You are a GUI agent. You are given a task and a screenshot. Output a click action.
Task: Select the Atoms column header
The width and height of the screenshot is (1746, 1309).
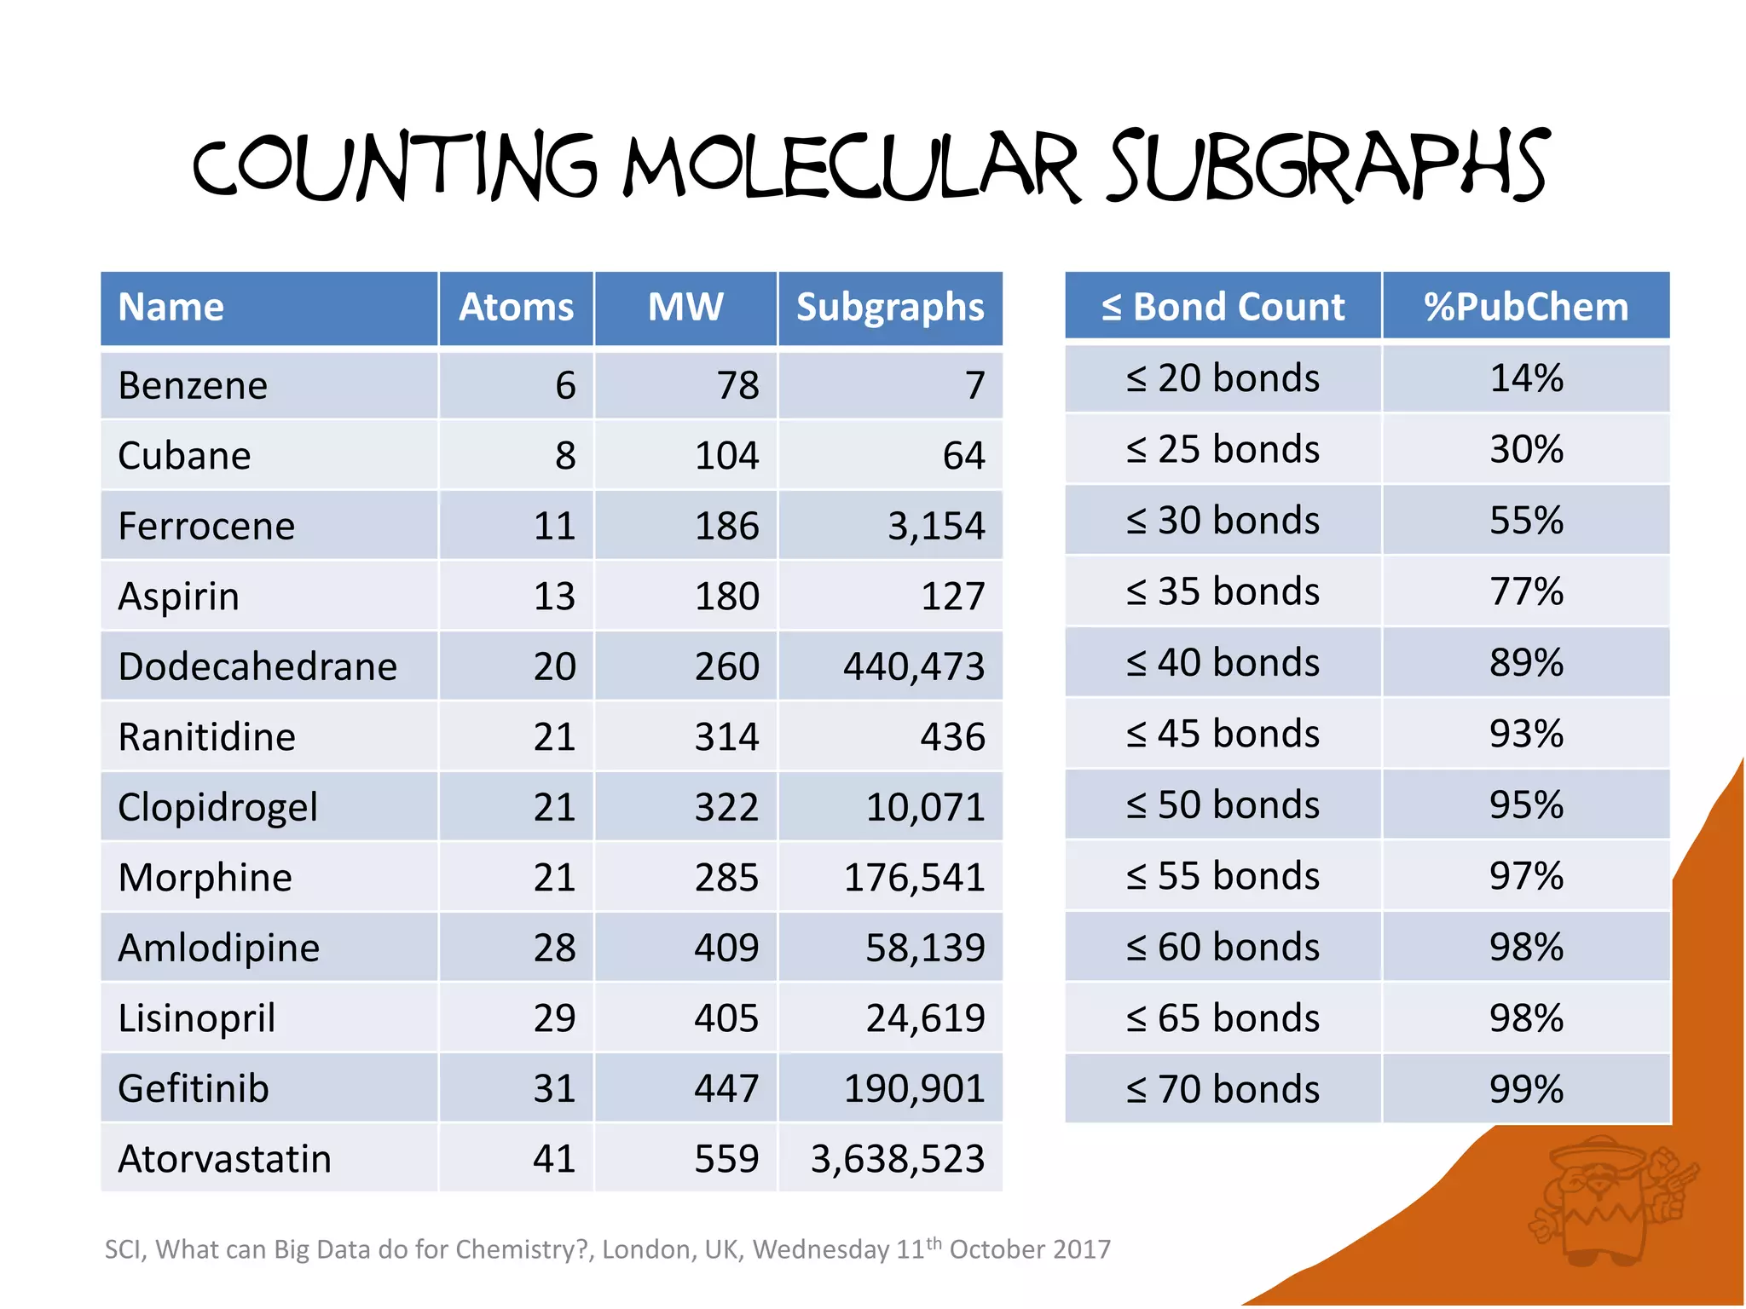516,307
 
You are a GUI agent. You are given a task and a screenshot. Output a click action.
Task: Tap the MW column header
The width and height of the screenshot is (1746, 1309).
685,307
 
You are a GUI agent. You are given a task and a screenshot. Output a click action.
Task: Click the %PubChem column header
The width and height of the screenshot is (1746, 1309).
1526,307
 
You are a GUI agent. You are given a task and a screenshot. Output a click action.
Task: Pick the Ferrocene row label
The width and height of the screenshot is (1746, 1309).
206,526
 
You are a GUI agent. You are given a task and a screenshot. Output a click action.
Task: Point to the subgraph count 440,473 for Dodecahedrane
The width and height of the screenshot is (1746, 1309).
914,666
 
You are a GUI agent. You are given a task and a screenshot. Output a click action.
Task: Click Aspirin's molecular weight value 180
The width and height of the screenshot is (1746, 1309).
726,596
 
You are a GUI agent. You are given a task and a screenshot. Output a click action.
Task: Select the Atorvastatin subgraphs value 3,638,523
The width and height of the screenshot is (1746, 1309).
898,1159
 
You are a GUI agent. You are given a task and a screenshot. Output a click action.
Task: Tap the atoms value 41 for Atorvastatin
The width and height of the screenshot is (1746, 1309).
554,1159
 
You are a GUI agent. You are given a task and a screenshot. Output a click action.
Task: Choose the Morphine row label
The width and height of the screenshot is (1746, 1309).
205,877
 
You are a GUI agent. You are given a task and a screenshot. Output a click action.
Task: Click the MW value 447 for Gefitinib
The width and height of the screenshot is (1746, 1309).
726,1088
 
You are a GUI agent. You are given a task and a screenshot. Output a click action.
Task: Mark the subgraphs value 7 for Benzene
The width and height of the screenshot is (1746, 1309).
975,385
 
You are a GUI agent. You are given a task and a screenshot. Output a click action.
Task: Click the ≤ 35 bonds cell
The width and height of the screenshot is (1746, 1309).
1223,591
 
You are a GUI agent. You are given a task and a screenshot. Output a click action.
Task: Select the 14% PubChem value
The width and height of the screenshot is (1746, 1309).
1526,378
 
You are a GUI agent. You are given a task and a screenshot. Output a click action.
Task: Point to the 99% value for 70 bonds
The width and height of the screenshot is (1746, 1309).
1526,1089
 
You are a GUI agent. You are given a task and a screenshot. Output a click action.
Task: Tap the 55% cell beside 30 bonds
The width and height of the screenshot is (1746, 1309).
1526,521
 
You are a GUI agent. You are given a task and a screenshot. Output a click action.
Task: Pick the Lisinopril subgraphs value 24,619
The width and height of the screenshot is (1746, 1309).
925,1018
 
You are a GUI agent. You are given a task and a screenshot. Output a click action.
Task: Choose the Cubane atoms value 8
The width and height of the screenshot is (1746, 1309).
565,456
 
